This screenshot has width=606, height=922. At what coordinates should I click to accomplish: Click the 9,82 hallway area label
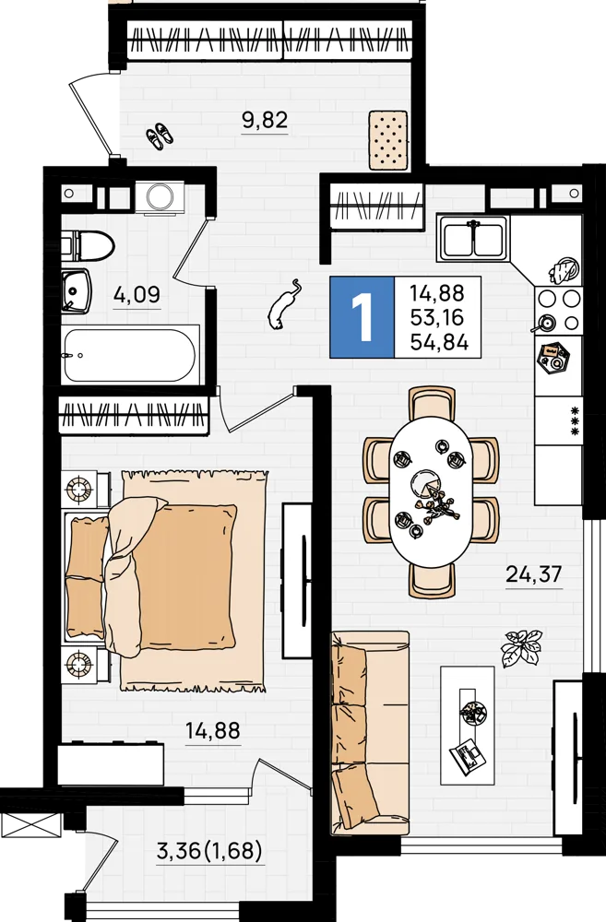point(266,121)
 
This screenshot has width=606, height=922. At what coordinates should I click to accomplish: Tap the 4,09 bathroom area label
point(137,294)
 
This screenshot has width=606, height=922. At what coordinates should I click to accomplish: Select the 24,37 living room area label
point(534,573)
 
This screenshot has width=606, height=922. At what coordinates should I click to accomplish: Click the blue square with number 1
point(362,317)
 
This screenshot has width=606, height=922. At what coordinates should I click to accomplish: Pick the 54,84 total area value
point(439,343)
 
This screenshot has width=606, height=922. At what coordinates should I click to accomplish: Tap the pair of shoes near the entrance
point(160,136)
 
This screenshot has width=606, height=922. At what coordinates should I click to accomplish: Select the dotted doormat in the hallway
point(388,140)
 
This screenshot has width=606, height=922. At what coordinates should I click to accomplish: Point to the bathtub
point(129,355)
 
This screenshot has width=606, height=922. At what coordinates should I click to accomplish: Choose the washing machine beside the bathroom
point(160,197)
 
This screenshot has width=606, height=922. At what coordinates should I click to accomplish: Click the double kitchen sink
point(472,238)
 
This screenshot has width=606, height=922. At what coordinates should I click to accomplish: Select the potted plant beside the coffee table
point(521,647)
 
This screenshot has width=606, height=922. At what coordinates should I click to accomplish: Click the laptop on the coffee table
point(468,754)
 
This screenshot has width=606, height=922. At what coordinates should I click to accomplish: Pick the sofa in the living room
point(370,733)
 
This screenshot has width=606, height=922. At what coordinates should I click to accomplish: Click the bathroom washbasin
point(77,290)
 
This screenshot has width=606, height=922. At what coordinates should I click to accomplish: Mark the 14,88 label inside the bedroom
point(213,731)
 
